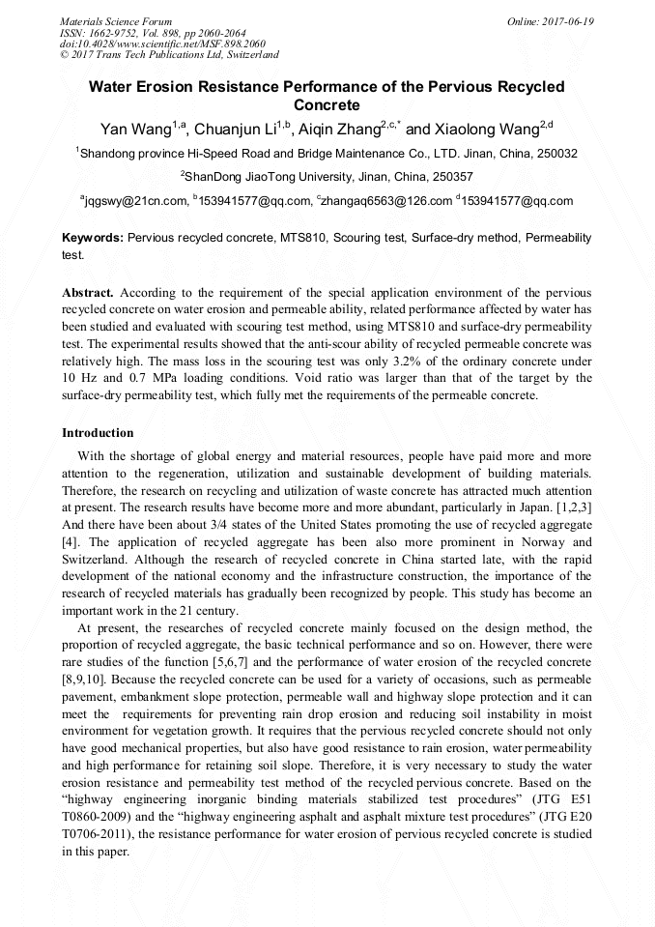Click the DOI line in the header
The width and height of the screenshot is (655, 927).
click(143, 43)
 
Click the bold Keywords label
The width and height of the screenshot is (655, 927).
click(93, 237)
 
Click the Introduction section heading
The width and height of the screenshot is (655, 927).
click(98, 433)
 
